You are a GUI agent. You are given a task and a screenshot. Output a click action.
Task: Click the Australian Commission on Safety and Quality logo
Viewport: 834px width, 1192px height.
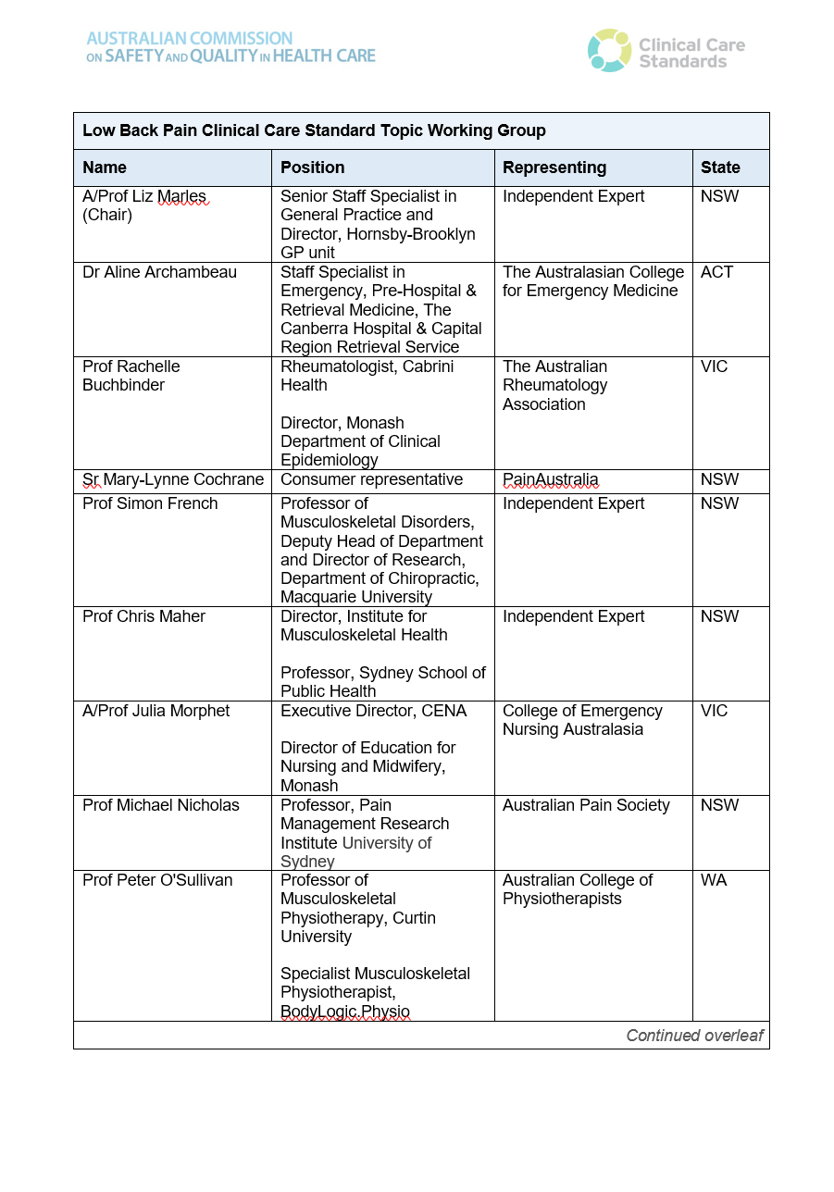coord(230,47)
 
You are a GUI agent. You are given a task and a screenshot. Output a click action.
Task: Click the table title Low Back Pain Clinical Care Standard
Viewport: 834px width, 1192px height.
coord(314,130)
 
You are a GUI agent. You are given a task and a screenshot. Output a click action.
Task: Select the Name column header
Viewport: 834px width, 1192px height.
coord(105,168)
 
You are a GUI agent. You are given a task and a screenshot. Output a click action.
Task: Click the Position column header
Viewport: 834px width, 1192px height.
coord(313,168)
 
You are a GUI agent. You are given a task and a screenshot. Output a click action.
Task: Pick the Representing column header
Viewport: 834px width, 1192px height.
coord(554,168)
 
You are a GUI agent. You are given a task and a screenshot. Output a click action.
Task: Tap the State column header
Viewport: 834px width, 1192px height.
coord(720,168)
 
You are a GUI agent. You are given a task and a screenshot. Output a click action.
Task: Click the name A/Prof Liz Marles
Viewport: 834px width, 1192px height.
coord(144,196)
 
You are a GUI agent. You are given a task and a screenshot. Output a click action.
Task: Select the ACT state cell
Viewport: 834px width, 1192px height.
coord(716,272)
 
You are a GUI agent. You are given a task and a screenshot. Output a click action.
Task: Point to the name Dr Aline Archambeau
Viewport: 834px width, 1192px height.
coord(159,272)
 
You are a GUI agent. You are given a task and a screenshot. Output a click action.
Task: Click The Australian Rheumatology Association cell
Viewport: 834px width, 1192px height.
coord(555,385)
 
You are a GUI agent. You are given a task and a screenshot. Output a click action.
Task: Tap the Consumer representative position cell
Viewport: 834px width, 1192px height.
coord(371,479)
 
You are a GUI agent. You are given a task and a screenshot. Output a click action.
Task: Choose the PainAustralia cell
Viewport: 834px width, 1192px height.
coord(551,479)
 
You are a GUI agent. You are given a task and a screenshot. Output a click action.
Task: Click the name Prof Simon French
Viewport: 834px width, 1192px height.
coord(150,503)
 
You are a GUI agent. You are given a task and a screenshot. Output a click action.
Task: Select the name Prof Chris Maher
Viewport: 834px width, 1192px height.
coord(143,616)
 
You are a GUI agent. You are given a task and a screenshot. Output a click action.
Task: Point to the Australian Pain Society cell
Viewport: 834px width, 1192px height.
coord(586,805)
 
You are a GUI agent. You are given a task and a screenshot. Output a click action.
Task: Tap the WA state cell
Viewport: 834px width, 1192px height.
coord(714,880)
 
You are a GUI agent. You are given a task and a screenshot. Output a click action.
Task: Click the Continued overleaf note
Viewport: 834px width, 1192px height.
coord(694,1036)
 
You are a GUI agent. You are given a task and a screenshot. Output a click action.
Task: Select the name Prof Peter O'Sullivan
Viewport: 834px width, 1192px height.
coord(157,880)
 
